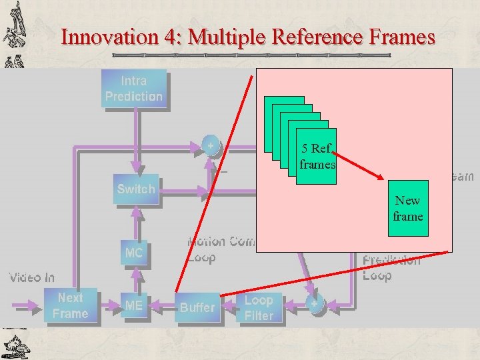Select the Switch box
point(135,189)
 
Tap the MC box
point(133,253)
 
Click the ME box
point(133,306)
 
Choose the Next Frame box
point(71,306)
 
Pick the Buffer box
point(197,307)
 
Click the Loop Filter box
point(259,308)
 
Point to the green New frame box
point(407,209)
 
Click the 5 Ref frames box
point(317,156)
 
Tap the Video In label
point(31,277)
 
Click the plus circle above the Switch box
point(211,146)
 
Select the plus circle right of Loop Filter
point(314,303)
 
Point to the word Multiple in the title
point(221,37)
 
